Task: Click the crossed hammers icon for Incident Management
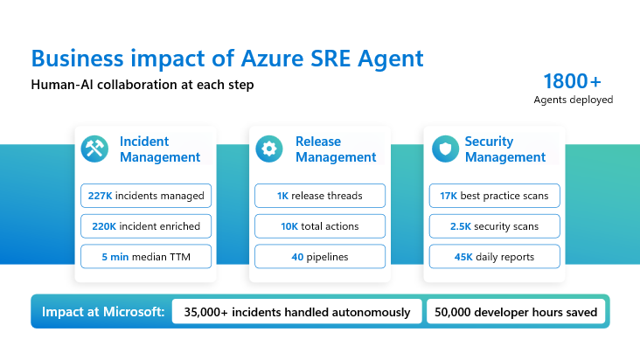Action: coord(94,149)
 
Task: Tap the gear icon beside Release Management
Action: coord(269,149)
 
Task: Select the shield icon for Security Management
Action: coord(445,149)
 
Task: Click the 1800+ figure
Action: coord(573,81)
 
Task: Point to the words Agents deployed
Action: coord(573,100)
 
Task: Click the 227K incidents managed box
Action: coord(146,196)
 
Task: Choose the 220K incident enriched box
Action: coord(146,226)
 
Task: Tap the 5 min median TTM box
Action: coord(146,256)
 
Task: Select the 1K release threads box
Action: coord(320,196)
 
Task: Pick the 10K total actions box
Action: coord(320,226)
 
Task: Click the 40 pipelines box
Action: coord(320,256)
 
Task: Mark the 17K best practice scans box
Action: coord(494,196)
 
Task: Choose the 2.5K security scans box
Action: coord(494,226)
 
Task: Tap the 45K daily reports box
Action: coord(494,256)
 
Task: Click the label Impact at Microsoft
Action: coord(103,312)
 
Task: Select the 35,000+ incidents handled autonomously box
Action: coord(296,312)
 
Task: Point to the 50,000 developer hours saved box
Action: coord(516,312)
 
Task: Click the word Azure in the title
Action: coord(272,59)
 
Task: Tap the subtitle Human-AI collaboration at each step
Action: coord(143,85)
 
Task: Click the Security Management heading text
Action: coord(505,149)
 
